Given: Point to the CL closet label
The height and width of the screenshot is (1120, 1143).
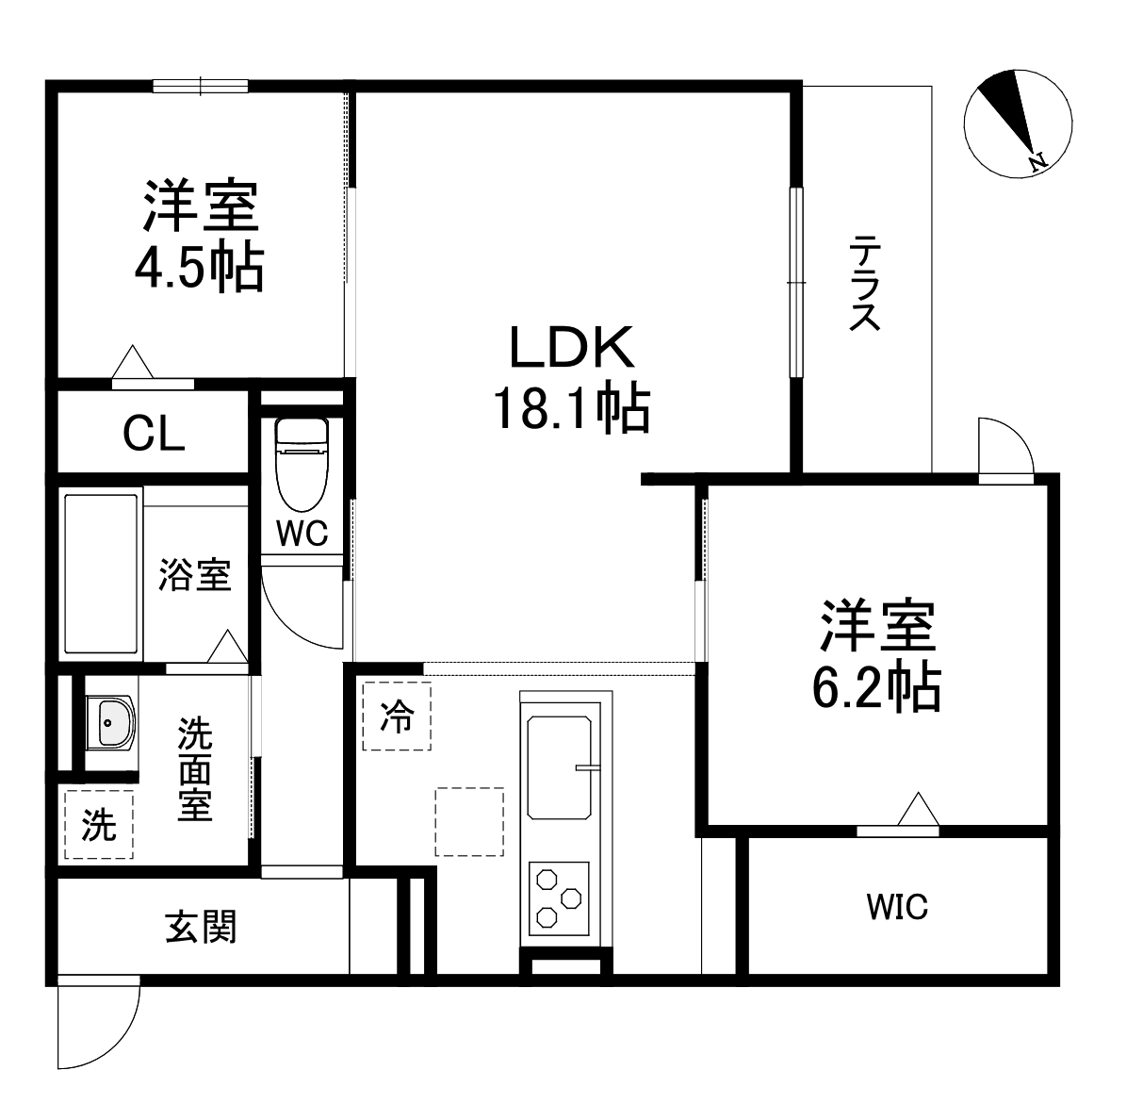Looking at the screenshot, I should click(155, 435).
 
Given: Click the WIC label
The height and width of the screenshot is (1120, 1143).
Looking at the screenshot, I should click(897, 907).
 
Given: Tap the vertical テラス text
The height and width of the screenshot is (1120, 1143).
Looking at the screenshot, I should click(864, 284).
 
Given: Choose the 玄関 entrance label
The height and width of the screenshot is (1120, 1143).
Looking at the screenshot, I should click(202, 928).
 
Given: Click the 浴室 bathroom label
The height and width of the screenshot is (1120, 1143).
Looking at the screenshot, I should click(194, 574).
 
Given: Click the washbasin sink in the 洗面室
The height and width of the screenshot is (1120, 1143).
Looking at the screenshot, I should click(111, 724).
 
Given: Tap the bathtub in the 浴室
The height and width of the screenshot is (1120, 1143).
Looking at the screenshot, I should click(102, 575).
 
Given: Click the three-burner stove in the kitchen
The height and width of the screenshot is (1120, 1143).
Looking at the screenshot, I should click(558, 898).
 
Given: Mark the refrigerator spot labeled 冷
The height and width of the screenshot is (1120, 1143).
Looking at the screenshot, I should click(397, 717).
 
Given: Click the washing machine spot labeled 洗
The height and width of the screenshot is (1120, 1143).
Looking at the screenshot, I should click(99, 825).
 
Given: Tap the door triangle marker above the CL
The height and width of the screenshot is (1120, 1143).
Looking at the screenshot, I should click(133, 361).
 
